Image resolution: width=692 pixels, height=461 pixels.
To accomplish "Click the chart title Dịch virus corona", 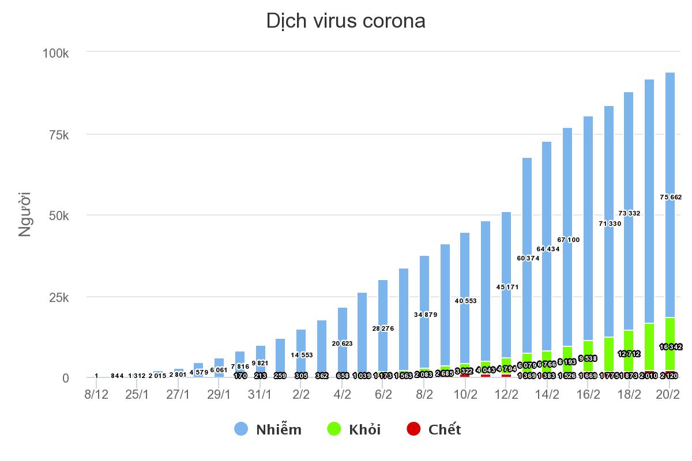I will (x=345, y=21).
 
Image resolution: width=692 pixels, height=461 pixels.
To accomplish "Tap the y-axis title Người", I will (x=25, y=214).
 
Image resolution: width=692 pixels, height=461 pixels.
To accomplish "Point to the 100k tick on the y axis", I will (x=56, y=53).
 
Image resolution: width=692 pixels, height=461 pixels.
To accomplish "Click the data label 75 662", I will (x=671, y=197).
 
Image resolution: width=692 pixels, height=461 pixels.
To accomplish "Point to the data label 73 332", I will (x=629, y=213).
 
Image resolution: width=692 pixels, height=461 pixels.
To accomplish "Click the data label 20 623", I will (x=343, y=343).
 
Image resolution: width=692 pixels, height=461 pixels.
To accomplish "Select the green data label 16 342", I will (x=671, y=347).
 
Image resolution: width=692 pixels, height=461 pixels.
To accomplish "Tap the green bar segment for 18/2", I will (x=629, y=340).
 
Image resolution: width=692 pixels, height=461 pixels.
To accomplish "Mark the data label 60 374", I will (x=527, y=258).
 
